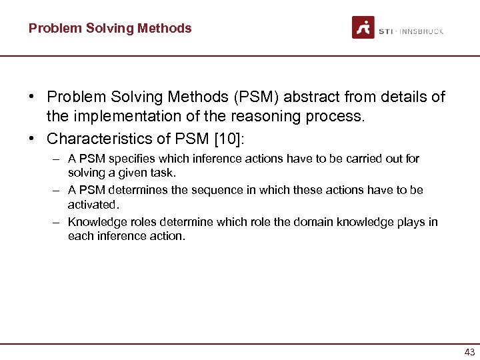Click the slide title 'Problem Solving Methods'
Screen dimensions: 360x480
tap(110, 29)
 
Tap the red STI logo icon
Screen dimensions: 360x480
tap(363, 28)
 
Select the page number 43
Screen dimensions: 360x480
tap(469, 352)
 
